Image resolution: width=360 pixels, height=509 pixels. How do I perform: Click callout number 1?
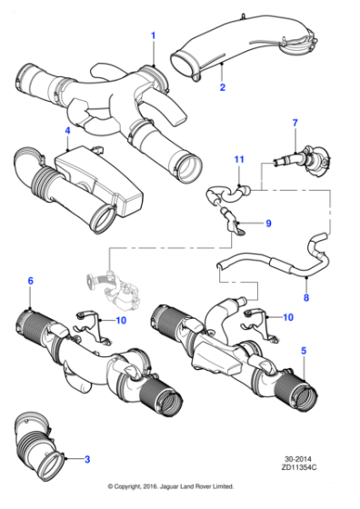153,35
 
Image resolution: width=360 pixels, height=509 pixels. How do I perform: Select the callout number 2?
221,87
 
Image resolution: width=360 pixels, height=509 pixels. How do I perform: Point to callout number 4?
67,132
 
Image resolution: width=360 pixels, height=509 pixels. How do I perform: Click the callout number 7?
295,123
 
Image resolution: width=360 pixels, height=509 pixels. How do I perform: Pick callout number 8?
305,296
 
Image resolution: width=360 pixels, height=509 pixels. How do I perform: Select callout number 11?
237,160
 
